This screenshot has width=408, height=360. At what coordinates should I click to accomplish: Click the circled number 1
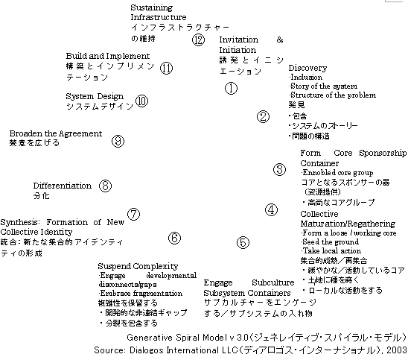[x=231, y=88]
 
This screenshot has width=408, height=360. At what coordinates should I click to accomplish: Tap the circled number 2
[x=263, y=117]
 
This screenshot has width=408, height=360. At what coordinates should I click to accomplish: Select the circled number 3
[x=279, y=170]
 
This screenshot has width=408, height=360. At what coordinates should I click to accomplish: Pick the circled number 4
[x=272, y=209]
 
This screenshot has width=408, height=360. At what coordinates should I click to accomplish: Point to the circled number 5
[x=243, y=242]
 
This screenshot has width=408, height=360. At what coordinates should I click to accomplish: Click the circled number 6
[x=175, y=238]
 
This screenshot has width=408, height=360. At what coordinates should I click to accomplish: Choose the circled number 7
[x=134, y=214]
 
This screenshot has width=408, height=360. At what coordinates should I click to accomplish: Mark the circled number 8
[x=106, y=186]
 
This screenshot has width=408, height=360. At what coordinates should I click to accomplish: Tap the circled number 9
[x=118, y=141]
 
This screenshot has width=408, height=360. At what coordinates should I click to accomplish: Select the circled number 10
[x=141, y=101]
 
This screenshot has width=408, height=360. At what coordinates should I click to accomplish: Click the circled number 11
[x=167, y=69]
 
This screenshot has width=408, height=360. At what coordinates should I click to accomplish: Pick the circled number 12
[x=198, y=40]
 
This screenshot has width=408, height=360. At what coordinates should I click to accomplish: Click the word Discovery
[x=307, y=68]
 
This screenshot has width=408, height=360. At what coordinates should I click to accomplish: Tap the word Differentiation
[x=63, y=186]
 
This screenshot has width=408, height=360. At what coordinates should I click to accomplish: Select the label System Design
[x=95, y=96]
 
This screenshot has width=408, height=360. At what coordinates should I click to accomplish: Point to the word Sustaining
[x=151, y=7]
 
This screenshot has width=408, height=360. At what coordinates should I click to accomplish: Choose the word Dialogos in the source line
[x=147, y=350]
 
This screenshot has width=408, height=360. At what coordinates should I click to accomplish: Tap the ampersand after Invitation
[x=280, y=40]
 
